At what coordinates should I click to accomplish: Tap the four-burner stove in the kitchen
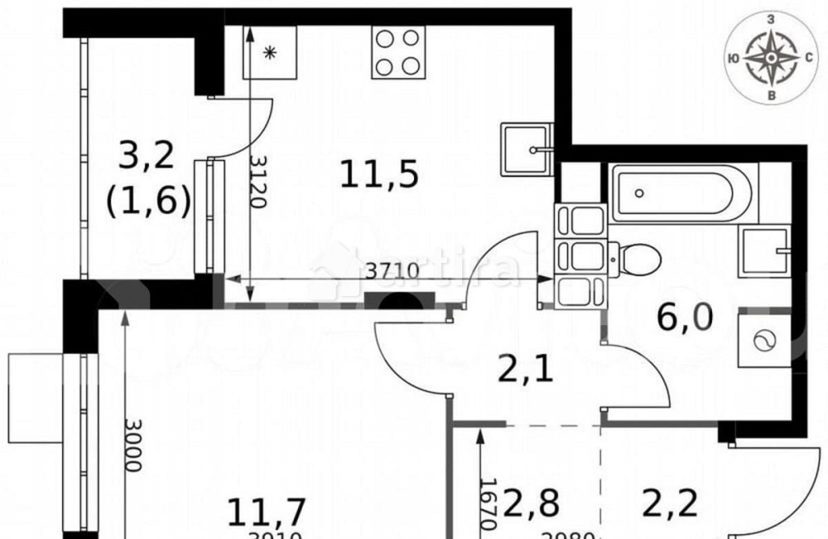(398, 52)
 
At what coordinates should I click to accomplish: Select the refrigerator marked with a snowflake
(269, 52)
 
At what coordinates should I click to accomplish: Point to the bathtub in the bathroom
(682, 193)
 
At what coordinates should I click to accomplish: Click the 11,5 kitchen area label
(378, 174)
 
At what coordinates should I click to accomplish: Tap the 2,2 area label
(668, 503)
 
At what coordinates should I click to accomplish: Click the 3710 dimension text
(394, 269)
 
